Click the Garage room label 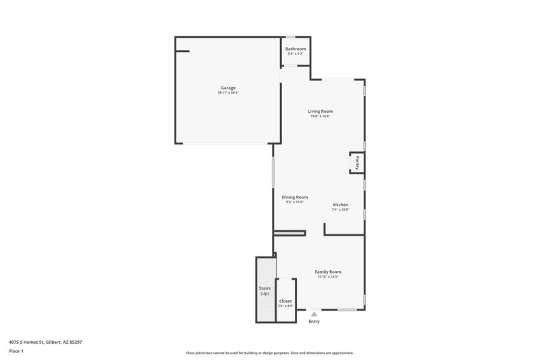click(x=228, y=88)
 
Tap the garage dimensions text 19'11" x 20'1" click(x=228, y=93)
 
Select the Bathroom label click(x=295, y=49)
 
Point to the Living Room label click(x=321, y=111)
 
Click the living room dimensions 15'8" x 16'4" click(x=321, y=116)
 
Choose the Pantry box click(x=357, y=163)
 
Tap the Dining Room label click(x=294, y=197)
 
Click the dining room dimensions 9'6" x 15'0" click(x=294, y=202)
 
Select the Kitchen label click(x=340, y=204)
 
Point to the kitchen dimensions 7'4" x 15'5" click(x=340, y=209)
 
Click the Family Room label click(x=328, y=272)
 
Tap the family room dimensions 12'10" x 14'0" click(x=328, y=277)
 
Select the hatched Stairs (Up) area click(x=265, y=290)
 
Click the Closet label click(x=286, y=301)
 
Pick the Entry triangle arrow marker click(x=314, y=314)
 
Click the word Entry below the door click(x=314, y=321)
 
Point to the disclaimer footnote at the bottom click(x=270, y=353)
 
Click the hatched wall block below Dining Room click(x=290, y=234)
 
